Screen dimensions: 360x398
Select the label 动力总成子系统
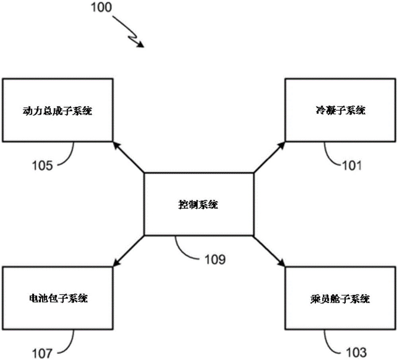pyautogui.click(x=57, y=111)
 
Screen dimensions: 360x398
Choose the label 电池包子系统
pyautogui.click(x=57, y=298)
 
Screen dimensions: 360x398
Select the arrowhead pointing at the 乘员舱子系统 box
pyautogui.click(x=282, y=264)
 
